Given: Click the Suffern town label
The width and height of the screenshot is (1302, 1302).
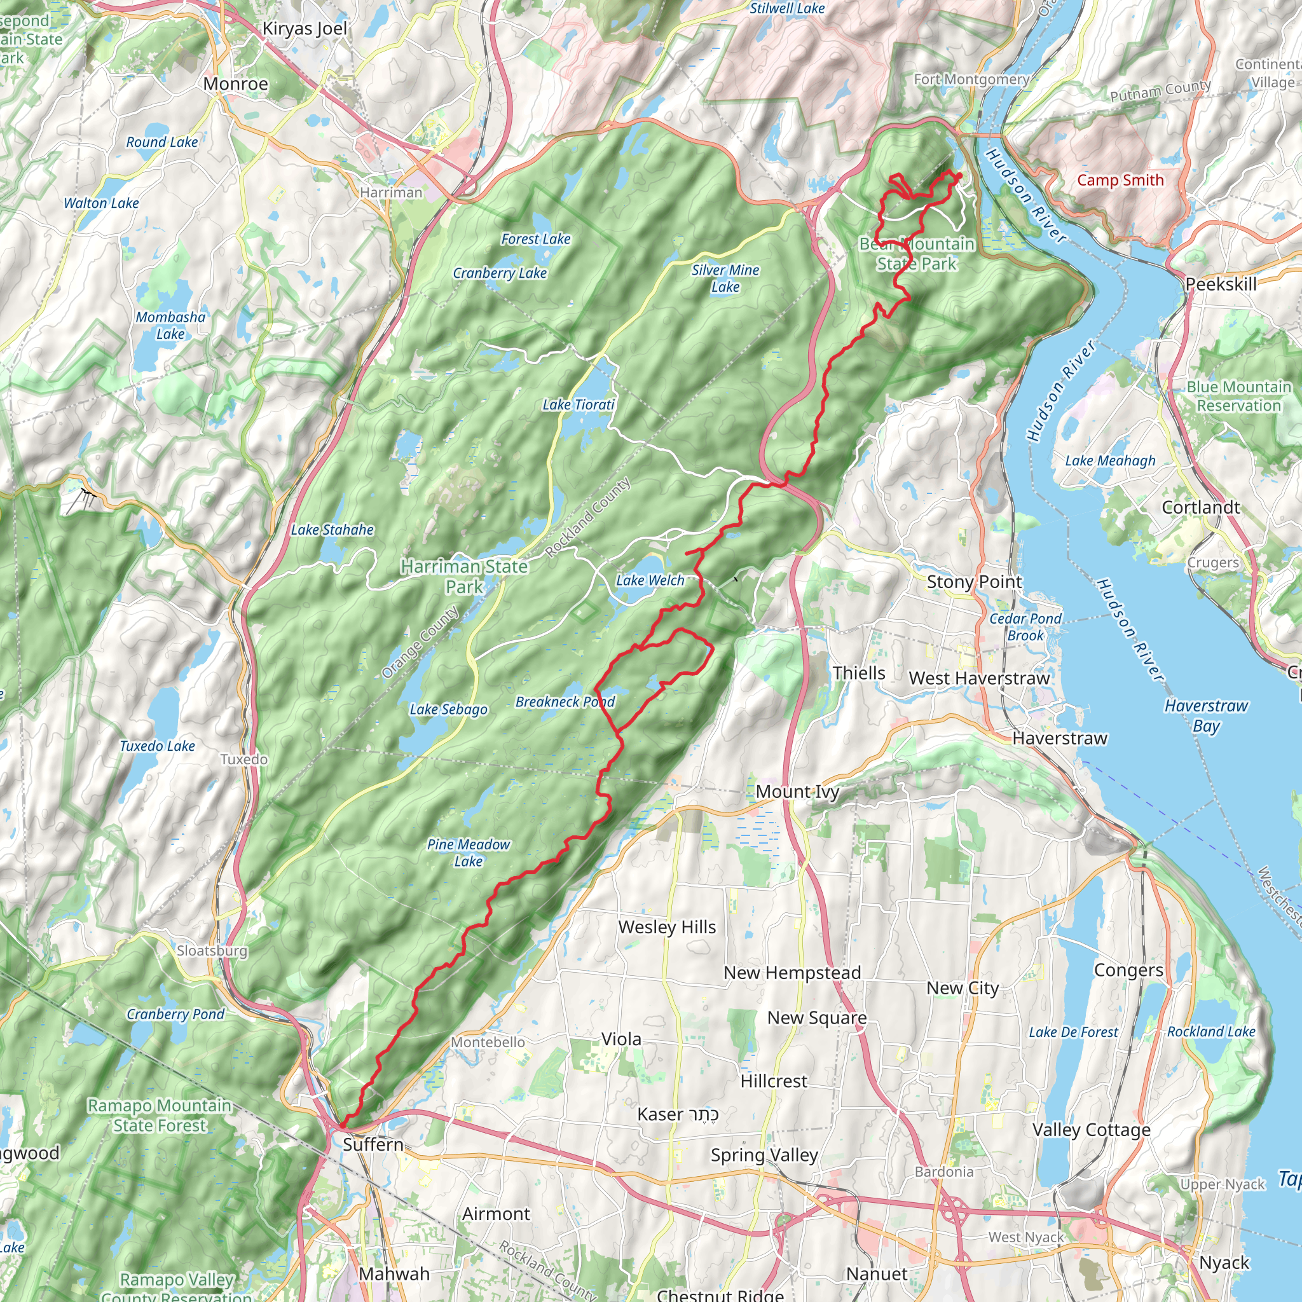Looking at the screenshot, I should click(373, 1144).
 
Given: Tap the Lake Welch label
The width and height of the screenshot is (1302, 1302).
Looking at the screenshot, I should click(650, 580).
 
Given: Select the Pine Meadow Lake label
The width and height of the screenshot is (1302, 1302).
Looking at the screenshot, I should click(469, 853).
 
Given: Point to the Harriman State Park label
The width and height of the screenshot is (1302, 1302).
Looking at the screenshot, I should click(463, 576).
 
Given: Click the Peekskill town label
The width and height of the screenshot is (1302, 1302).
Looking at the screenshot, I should click(1221, 284).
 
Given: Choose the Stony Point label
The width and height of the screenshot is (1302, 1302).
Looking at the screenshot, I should click(974, 582).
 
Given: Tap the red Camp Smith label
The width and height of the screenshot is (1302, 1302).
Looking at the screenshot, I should click(1120, 180).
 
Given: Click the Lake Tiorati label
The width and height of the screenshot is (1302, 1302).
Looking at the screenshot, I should click(579, 404).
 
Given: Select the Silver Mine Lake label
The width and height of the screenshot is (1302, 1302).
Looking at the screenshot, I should click(725, 278).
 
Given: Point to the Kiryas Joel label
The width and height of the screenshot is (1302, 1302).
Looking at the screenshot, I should click(305, 29).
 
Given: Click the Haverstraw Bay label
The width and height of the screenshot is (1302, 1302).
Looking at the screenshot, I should click(1205, 716).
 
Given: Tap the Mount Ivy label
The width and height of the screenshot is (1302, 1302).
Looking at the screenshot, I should click(797, 792).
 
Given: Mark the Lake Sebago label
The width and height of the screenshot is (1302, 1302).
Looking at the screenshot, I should click(448, 709).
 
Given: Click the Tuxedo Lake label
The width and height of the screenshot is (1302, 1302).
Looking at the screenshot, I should click(157, 746).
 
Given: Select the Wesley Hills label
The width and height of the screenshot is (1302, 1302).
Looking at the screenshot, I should click(666, 928).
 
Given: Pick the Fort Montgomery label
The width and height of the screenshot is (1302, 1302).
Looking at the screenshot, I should click(971, 79).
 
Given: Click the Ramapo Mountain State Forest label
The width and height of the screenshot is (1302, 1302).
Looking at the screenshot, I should click(160, 1115).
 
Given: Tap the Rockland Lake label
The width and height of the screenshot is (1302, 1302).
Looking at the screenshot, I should click(1211, 1032).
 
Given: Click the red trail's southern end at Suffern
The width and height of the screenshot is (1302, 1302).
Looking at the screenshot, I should click(341, 1126).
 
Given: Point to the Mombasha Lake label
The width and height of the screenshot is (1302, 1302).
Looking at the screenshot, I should click(170, 325).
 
